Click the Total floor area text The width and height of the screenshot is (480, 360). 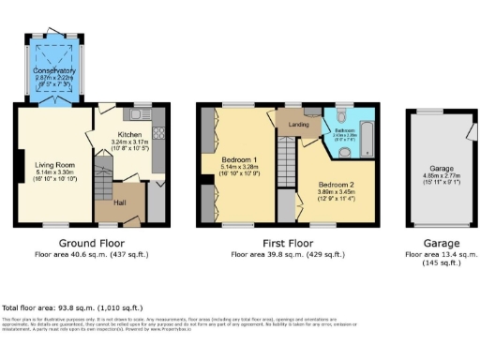(72, 307)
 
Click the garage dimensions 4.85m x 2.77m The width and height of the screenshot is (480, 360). (436, 182)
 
